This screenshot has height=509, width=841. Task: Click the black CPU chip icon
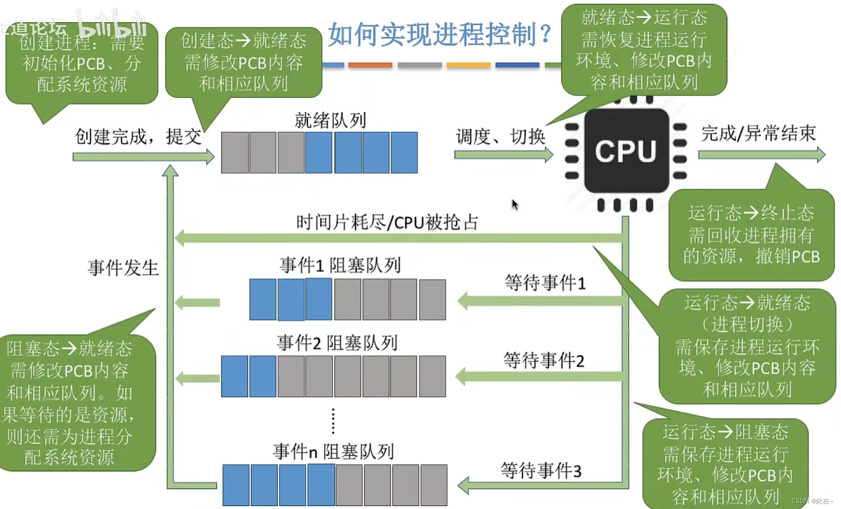coord(626,151)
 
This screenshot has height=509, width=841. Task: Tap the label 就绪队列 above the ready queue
coord(330,121)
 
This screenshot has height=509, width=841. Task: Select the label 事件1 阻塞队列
coord(340,265)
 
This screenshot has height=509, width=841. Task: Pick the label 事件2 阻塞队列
coord(337,343)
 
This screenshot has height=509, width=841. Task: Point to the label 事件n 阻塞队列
coord(333,452)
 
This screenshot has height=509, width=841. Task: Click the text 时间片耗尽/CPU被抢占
coord(387,222)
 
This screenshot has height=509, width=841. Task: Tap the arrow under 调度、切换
coord(503,155)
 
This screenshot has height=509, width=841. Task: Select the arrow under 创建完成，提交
coord(143,157)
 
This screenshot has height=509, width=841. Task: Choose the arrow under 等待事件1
coord(541,301)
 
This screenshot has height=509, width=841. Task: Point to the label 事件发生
coord(123,268)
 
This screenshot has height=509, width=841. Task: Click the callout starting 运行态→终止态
coord(751,234)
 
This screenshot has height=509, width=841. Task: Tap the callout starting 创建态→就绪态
coord(243,62)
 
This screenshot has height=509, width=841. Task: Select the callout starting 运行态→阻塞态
coord(725,464)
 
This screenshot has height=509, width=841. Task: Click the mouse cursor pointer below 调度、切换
coord(515,204)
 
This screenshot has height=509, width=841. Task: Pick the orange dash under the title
coord(370,65)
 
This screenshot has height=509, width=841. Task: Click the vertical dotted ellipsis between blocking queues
coord(333,421)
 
